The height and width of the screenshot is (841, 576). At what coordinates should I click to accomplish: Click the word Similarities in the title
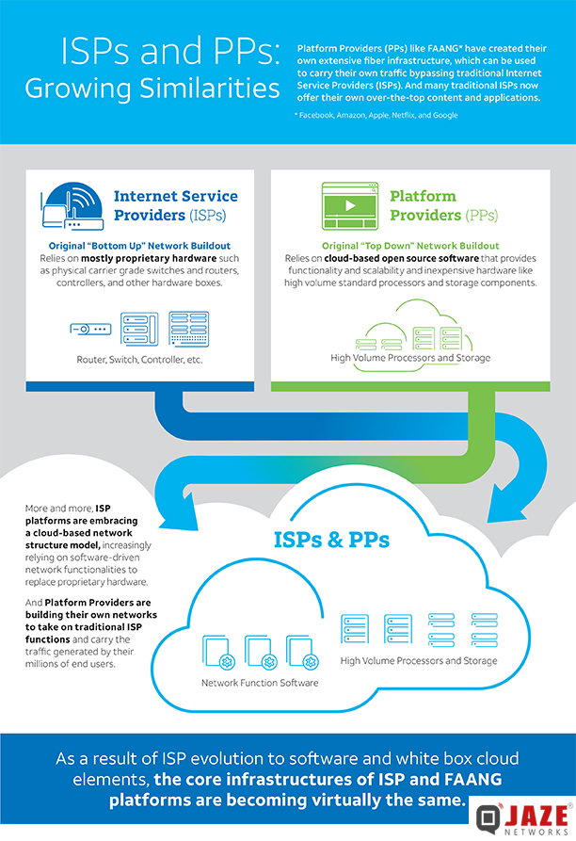pyautogui.click(x=210, y=88)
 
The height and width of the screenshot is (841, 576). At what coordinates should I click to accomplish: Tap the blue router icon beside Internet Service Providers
pyautogui.click(x=72, y=206)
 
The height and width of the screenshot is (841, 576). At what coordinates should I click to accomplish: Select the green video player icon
pyautogui.click(x=350, y=206)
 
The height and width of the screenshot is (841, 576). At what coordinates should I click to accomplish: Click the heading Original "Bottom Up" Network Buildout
pyautogui.click(x=139, y=246)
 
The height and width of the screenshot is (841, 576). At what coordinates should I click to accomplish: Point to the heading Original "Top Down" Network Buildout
pyautogui.click(x=410, y=246)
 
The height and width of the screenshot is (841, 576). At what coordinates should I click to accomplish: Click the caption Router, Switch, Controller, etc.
pyautogui.click(x=139, y=360)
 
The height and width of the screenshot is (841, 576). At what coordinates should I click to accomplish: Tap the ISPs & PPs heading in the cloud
pyautogui.click(x=331, y=540)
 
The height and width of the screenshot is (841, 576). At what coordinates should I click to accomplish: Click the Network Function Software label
pyautogui.click(x=260, y=683)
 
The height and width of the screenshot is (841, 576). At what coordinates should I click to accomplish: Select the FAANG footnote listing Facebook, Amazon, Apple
pyautogui.click(x=376, y=115)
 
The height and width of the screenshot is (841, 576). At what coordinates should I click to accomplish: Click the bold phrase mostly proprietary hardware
pyautogui.click(x=149, y=259)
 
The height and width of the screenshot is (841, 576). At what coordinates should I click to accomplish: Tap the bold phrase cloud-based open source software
pyautogui.click(x=401, y=259)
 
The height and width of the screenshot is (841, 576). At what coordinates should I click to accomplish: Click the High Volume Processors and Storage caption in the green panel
pyautogui.click(x=410, y=358)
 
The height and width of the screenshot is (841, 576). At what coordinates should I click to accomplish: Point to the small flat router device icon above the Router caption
pyautogui.click(x=90, y=329)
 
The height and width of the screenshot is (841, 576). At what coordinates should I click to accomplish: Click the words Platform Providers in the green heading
pyautogui.click(x=425, y=205)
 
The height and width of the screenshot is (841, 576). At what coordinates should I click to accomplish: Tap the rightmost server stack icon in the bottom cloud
pyautogui.click(x=485, y=629)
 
